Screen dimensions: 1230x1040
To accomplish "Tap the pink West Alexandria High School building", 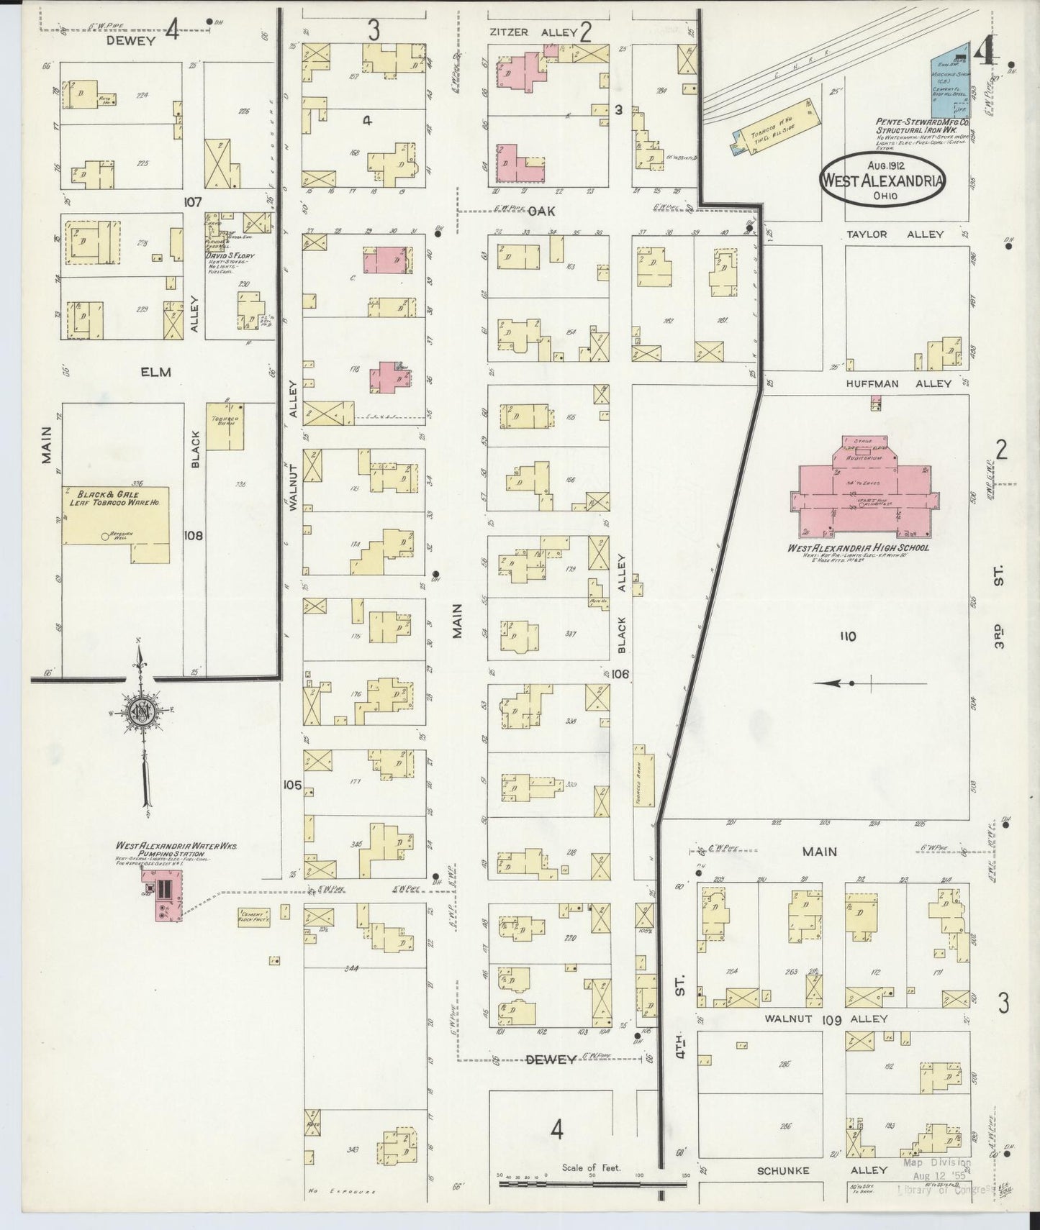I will point(862,492).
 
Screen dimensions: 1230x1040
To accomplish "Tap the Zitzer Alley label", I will point(533,32).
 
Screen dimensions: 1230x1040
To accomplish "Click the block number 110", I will point(847,636).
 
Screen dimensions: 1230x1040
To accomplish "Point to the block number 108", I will point(194,536).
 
